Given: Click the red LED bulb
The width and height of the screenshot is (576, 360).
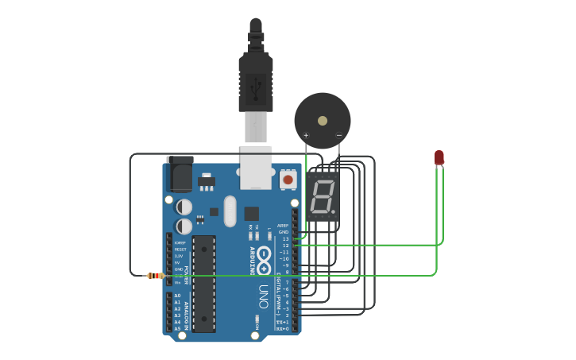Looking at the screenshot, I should click(x=439, y=157).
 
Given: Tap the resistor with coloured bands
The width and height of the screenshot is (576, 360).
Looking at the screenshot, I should click(x=155, y=276).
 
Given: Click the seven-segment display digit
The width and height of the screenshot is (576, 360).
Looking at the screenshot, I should click(x=322, y=197).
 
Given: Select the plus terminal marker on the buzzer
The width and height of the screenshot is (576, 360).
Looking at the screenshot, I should click(x=306, y=135).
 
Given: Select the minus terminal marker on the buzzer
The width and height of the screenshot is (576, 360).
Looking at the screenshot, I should click(x=338, y=135).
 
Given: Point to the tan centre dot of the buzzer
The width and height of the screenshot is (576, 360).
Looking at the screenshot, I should click(x=322, y=121).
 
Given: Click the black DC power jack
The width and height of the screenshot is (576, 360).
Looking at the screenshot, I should click(x=180, y=174).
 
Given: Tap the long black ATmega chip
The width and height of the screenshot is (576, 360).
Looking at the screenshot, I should click(x=203, y=283).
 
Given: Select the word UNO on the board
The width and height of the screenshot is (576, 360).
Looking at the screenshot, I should click(x=263, y=296).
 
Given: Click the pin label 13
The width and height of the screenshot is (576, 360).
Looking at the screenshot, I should click(x=285, y=238).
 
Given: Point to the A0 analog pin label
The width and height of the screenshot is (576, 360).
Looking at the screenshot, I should click(x=177, y=296).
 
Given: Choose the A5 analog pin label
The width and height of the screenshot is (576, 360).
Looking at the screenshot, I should click(x=177, y=328).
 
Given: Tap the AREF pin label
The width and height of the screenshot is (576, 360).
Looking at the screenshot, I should click(x=284, y=225).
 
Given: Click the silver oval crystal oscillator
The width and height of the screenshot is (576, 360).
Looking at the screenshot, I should click(x=230, y=211).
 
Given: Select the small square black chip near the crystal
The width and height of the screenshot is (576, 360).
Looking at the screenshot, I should click(x=251, y=213).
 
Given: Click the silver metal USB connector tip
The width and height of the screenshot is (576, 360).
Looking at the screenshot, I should click(x=256, y=127).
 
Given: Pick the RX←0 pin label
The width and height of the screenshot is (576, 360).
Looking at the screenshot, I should click(x=282, y=327).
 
